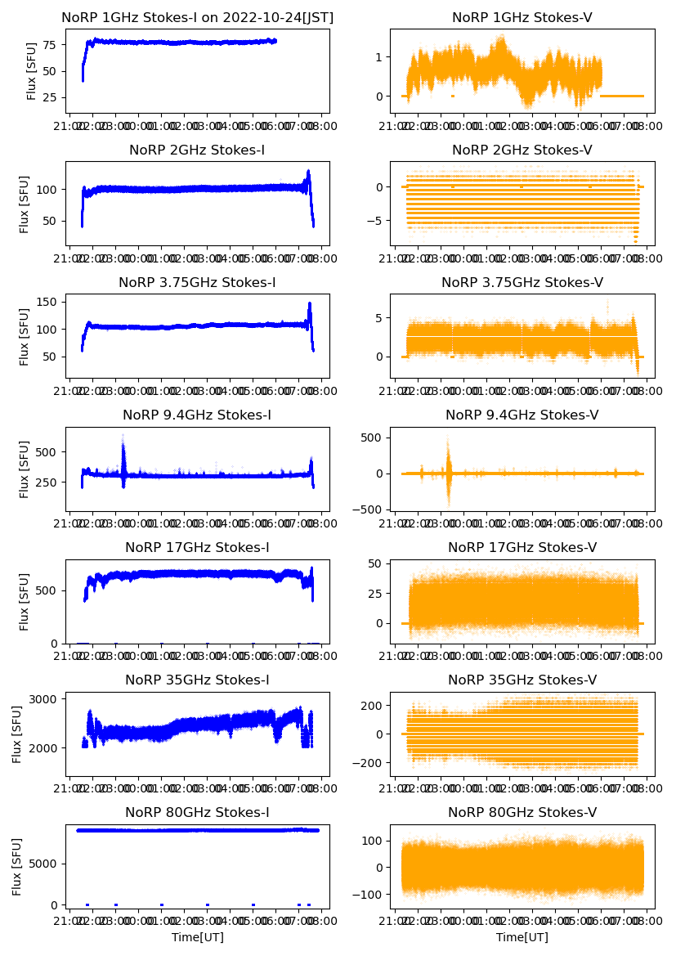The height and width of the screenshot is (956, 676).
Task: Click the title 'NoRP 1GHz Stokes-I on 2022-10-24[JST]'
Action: tap(198, 17)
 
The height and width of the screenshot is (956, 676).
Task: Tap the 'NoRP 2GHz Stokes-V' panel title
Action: tap(522, 150)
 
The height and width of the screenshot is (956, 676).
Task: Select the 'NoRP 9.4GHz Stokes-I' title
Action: tap(197, 415)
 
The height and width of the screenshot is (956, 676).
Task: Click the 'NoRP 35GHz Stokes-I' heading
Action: tap(197, 680)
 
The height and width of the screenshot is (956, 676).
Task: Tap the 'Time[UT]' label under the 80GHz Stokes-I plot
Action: tap(197, 937)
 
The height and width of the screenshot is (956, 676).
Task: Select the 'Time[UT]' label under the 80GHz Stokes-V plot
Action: tap(522, 937)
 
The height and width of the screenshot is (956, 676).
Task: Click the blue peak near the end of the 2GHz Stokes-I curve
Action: tap(308, 173)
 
